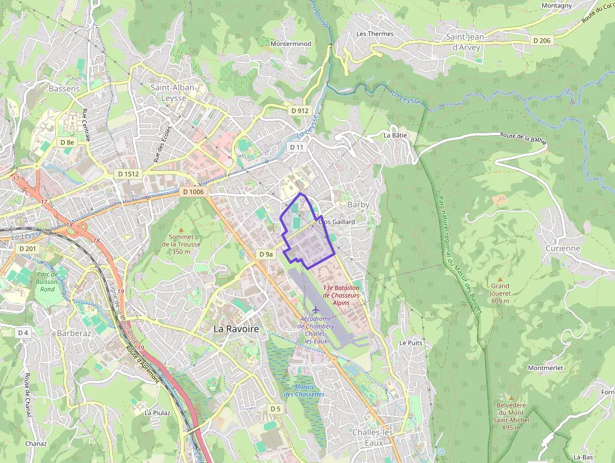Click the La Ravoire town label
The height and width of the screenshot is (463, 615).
click(236, 329)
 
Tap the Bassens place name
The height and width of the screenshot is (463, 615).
click(64, 89)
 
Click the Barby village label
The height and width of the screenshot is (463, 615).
click(358, 205)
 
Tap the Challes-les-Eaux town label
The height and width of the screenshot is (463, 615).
click(373, 437)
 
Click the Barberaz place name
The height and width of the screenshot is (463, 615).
click(75, 333)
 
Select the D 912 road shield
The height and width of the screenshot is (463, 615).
click(300, 111)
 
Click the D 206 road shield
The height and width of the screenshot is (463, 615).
click(541, 40)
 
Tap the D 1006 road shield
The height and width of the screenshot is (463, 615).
click(193, 192)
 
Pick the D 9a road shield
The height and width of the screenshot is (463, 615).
click(266, 254)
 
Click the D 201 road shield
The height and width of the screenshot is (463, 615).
click(28, 249)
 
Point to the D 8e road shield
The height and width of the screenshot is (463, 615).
click(67, 142)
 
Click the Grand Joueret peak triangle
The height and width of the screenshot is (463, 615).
click(500, 278)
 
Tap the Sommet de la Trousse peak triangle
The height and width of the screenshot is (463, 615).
click(181, 230)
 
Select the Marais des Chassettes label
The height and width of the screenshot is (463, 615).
click(304, 390)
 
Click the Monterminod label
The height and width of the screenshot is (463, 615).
click(291, 44)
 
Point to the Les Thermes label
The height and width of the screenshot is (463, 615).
click(375, 34)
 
